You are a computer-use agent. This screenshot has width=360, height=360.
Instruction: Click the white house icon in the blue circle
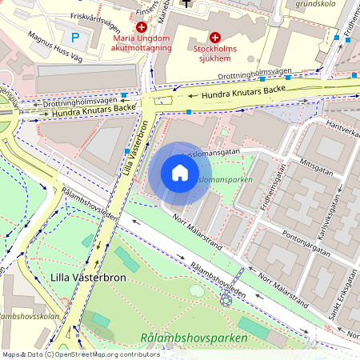pyautogui.click(x=180, y=173)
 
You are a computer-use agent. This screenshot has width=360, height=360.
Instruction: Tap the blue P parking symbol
pyautogui.click(x=76, y=37)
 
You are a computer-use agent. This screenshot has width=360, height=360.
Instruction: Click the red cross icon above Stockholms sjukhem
pyautogui.click(x=214, y=37)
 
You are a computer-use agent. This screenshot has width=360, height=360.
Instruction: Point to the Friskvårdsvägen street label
pyautogui.click(x=100, y=16)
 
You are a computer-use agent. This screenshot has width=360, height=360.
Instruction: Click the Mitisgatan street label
pyautogui.click(x=316, y=159)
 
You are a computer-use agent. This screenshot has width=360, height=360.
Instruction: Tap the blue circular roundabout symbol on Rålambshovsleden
pyautogui.click(x=226, y=302)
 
